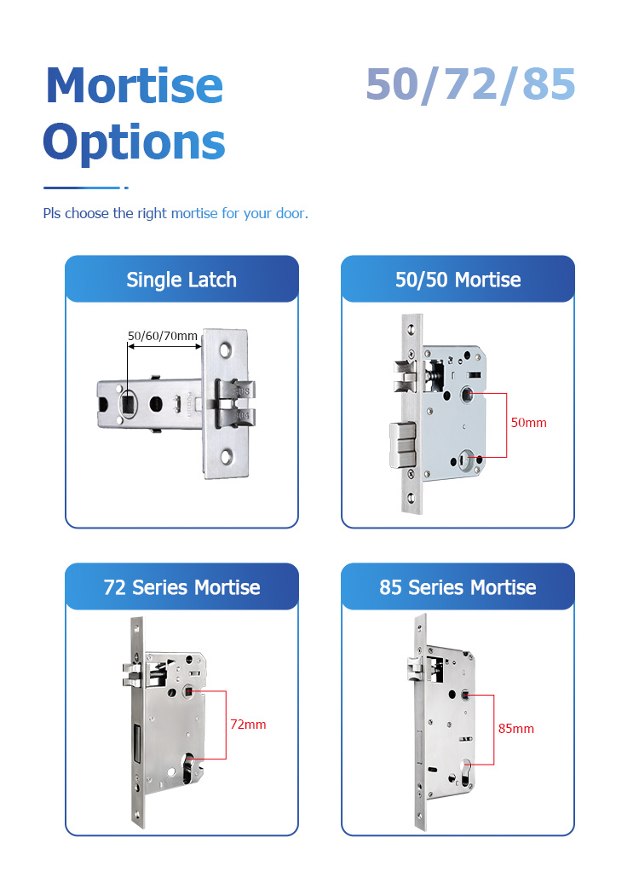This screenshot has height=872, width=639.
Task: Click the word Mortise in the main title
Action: pyautogui.click(x=135, y=85)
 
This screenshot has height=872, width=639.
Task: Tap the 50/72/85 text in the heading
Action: pyautogui.click(x=470, y=84)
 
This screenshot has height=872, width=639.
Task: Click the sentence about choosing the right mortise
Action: pyautogui.click(x=176, y=214)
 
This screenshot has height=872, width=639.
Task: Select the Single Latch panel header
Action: pyautogui.click(x=181, y=280)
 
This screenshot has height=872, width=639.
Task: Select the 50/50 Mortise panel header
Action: pyautogui.click(x=458, y=280)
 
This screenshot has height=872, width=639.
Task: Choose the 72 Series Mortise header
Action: pyautogui.click(x=181, y=587)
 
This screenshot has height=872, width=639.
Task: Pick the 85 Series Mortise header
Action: pyautogui.click(x=458, y=587)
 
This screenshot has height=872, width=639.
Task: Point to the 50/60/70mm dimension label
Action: pyautogui.click(x=162, y=336)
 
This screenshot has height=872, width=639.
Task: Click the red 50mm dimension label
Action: pyautogui.click(x=528, y=423)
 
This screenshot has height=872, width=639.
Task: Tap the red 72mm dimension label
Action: pyautogui.click(x=248, y=725)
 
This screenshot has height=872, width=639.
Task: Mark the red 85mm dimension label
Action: pyautogui.click(x=515, y=729)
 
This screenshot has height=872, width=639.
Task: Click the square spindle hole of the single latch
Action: pyautogui.click(x=129, y=402)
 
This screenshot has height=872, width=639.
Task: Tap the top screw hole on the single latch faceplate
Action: pyautogui.click(x=226, y=350)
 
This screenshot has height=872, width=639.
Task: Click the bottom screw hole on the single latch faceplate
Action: pyautogui.click(x=226, y=457)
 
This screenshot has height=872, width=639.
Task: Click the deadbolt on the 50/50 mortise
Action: pyautogui.click(x=402, y=445)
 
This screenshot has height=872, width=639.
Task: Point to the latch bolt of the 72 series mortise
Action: pyautogui.click(x=134, y=674)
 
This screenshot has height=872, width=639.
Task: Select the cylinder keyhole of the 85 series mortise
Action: pyautogui.click(x=466, y=772)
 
